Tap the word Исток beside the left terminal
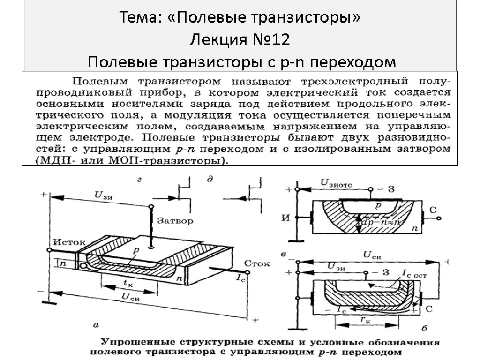pos(68,242)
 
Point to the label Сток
pos(257,263)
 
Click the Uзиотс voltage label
pos(337,182)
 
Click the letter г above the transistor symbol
pos(139,179)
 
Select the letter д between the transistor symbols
pos(210,179)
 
